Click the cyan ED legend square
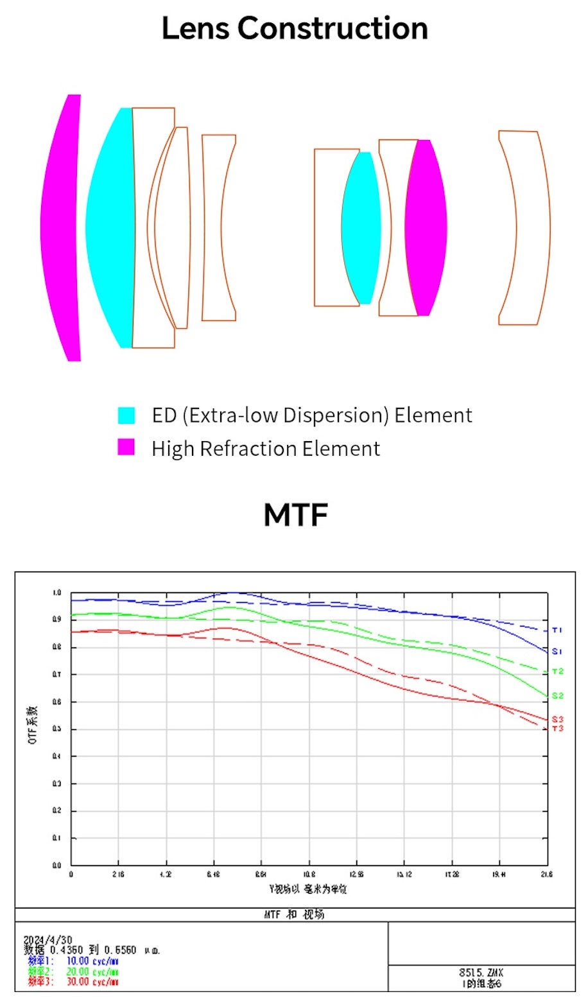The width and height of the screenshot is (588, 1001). pos(126,415)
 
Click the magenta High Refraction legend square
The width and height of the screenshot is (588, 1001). pos(126,447)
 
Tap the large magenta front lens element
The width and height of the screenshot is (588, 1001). pos(63,228)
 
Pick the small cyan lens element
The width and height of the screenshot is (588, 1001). pos(361,228)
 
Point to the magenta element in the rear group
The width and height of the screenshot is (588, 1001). pos(426,228)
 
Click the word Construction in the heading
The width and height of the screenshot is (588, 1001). pos(332,28)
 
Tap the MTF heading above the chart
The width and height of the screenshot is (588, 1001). pos(296,515)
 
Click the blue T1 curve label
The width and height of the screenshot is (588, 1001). pos(557,631)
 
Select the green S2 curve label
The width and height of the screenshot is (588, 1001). pos(557,696)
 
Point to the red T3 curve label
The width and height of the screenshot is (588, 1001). pos(557,729)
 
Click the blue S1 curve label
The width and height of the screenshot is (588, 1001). pos(557,652)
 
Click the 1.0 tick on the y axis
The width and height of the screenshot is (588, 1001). pos(57,593)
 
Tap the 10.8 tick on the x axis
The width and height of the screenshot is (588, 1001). pos(309,875)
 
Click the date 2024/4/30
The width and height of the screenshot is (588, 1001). pos(48,940)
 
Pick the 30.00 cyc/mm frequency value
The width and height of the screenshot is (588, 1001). pos(92,982)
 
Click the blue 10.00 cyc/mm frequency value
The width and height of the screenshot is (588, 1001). pos(92,961)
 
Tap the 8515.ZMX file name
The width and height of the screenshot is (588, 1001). pos(481,973)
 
